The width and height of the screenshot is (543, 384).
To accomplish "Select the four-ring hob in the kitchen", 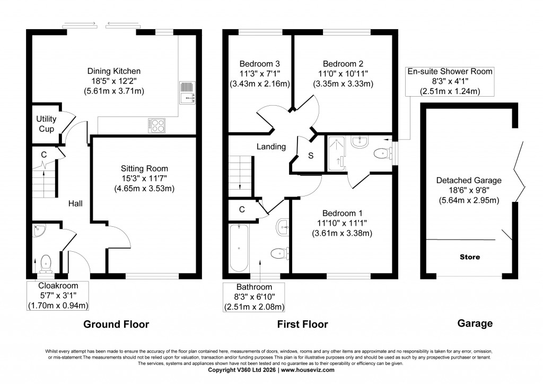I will pos(156,125).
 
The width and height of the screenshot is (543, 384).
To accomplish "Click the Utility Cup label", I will pos(46,123).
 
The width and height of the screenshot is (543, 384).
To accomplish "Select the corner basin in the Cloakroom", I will pos(39,229).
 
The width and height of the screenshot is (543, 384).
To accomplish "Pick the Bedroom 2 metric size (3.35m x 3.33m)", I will pos(346,83).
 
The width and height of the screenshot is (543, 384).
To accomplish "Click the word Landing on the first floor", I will pos(271,147).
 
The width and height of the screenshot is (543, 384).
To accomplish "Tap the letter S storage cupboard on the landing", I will pos(311,156).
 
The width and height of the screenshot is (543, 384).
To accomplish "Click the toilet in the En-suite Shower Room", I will pos(380,153).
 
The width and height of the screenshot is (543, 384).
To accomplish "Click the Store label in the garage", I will pos(470,257).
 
